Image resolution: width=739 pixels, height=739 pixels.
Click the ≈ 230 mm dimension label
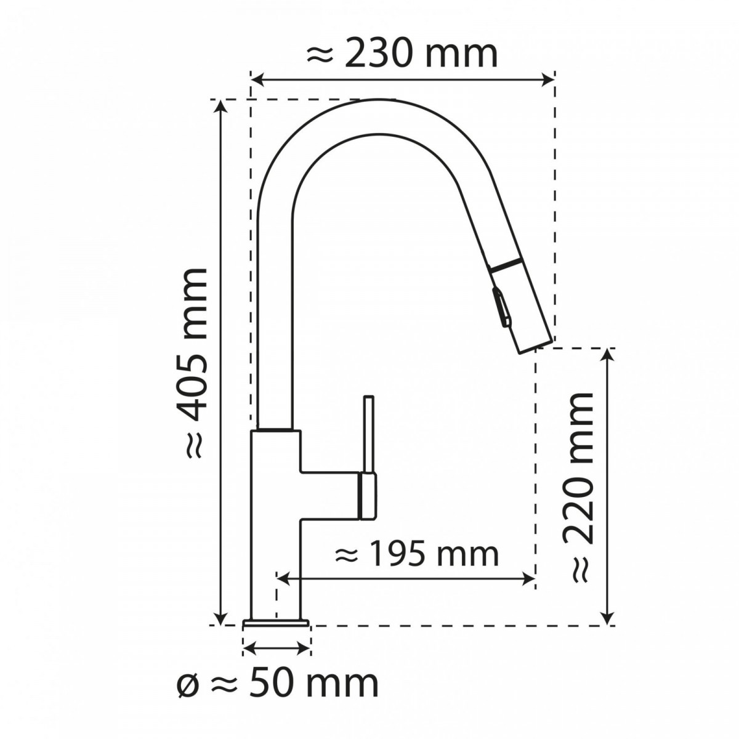[402, 55]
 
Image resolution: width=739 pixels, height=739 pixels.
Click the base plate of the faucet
[276, 624]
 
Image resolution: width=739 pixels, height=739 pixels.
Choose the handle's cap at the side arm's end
[366, 496]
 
